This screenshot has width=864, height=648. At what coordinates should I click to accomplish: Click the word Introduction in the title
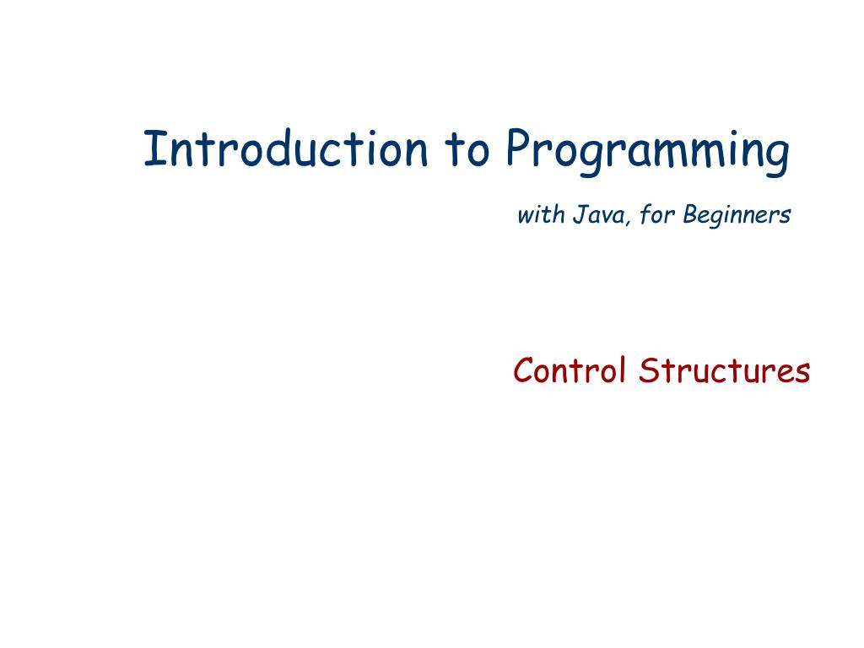[x=285, y=149]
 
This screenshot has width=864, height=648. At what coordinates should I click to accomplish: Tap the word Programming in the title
[x=648, y=152]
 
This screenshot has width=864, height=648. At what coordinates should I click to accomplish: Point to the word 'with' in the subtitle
[x=540, y=215]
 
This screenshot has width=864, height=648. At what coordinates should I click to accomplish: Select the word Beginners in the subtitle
[x=737, y=216]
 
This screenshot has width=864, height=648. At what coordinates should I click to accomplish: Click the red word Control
[x=570, y=370]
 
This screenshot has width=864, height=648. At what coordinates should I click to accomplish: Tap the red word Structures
[x=724, y=370]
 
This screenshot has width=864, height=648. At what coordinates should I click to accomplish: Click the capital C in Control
[x=523, y=370]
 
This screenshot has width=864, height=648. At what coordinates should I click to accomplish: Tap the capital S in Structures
[x=648, y=370]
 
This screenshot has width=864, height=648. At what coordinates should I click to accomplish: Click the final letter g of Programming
[x=779, y=156]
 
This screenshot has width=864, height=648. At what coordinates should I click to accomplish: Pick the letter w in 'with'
[x=525, y=217]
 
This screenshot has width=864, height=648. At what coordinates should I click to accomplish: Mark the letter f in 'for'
[x=643, y=215]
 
